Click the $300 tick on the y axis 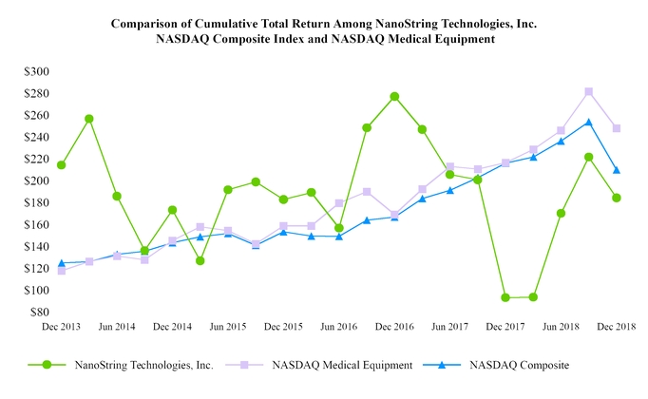37,71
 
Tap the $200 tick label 37,180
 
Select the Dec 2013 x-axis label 62,326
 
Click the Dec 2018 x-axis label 617,326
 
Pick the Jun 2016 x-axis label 339,326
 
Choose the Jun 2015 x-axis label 228,326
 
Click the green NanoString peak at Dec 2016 394,96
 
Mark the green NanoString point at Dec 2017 505,297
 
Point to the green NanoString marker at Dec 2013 62,165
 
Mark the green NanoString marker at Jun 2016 339,228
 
